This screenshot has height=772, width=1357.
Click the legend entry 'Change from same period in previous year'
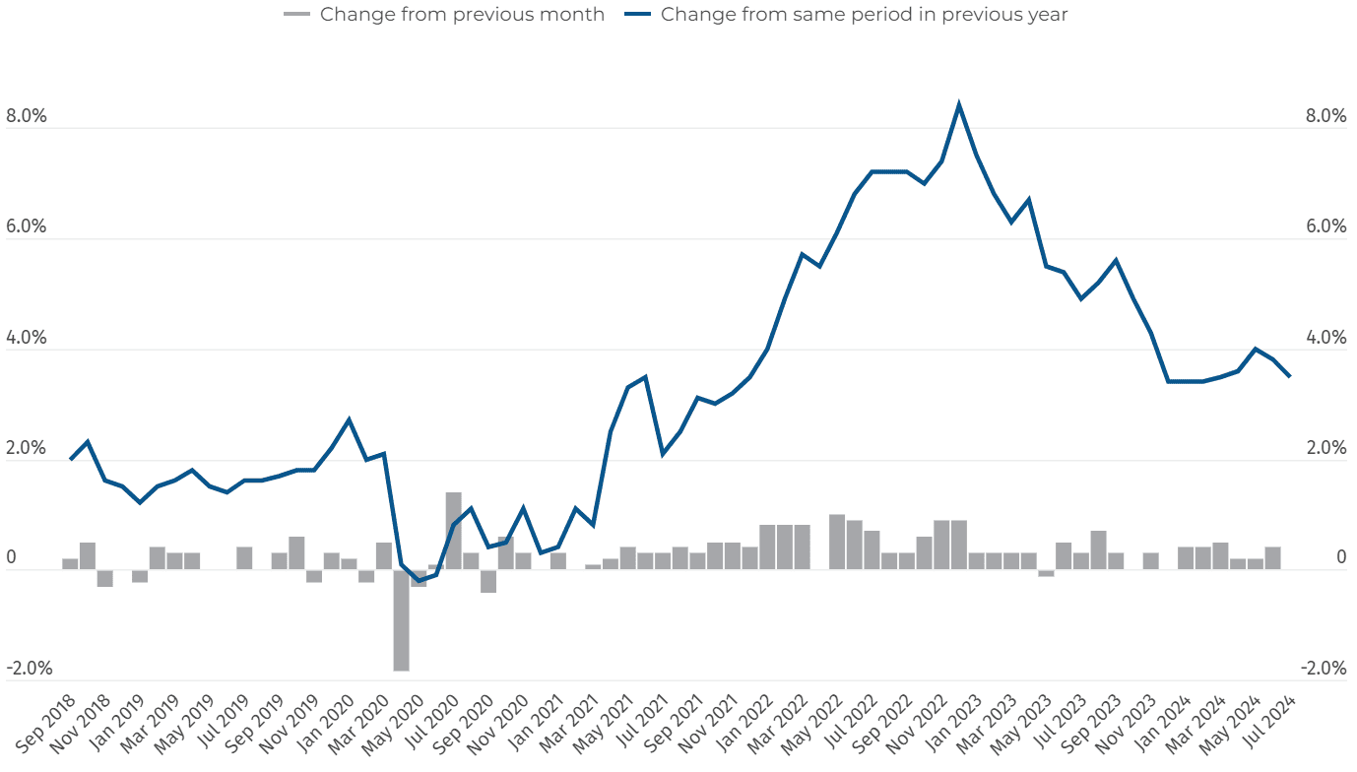pos(864,15)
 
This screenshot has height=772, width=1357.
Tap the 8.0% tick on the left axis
pos(27,116)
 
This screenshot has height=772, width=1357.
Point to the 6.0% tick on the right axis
pos(1325,226)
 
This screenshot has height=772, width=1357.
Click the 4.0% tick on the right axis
pos(1325,338)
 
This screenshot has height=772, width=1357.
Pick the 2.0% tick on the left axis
pos(27,448)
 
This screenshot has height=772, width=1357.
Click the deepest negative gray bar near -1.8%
pos(401,620)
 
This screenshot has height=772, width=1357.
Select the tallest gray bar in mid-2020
pos(453,531)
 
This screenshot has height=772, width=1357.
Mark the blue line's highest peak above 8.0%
pos(959,104)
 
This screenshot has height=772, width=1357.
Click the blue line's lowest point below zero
pos(419,581)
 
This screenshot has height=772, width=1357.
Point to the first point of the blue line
pos(70,459)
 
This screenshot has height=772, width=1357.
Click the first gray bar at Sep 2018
pos(70,564)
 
